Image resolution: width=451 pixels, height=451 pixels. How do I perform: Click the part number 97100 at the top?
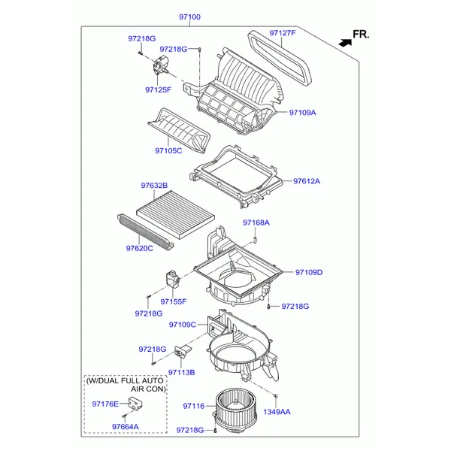189,17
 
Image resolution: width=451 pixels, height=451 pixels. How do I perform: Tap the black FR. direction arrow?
345,43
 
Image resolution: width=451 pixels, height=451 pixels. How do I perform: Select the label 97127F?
283,33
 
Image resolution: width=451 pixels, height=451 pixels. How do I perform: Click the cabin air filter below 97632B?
175,216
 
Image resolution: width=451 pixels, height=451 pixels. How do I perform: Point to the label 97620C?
140,248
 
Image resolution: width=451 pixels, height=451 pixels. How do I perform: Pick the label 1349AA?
277,412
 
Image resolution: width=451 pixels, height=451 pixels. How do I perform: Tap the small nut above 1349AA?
275,396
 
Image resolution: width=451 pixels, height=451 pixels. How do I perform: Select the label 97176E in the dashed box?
105,404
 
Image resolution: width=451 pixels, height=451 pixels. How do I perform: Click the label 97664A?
126,426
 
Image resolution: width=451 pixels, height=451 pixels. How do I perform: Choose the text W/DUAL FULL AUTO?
125,381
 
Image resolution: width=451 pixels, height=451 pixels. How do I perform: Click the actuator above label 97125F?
161,65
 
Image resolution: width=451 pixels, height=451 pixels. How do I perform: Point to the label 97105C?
168,151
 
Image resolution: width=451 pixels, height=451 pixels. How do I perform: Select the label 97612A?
307,181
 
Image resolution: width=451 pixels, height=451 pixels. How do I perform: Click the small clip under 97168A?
255,239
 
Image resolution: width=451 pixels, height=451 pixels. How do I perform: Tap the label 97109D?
309,272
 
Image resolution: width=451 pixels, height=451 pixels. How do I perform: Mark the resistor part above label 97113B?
183,351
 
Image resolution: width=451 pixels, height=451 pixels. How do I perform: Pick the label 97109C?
183,325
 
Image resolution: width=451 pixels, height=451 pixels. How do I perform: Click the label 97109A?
303,113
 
